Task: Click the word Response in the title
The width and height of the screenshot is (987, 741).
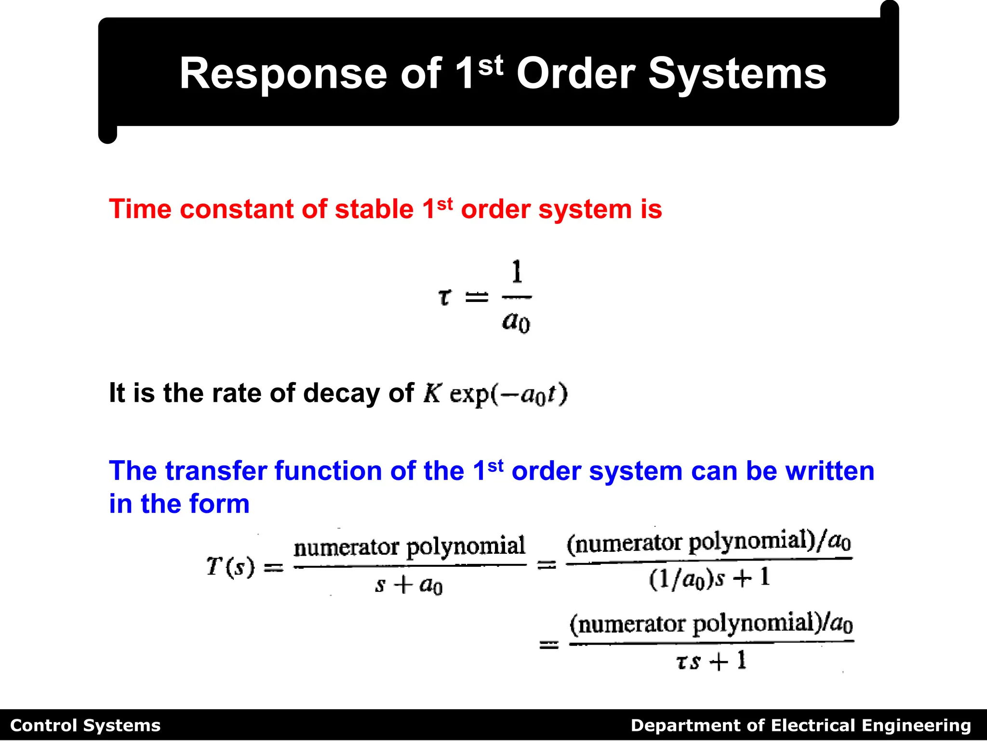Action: (283, 74)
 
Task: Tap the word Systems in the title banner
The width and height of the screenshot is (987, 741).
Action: (737, 74)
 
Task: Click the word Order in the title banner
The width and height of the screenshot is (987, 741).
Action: (576, 74)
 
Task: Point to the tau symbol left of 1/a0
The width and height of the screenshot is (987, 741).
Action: (445, 297)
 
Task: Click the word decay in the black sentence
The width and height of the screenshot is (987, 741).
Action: (342, 393)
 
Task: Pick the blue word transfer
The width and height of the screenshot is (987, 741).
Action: (215, 471)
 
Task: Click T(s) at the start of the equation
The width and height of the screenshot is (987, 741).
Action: (230, 566)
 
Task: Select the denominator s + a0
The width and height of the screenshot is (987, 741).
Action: (409, 585)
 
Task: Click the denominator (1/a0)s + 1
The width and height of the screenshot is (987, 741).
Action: (709, 578)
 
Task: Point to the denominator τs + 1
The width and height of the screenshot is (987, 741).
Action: (710, 661)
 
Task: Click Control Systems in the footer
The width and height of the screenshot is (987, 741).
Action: (85, 726)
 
